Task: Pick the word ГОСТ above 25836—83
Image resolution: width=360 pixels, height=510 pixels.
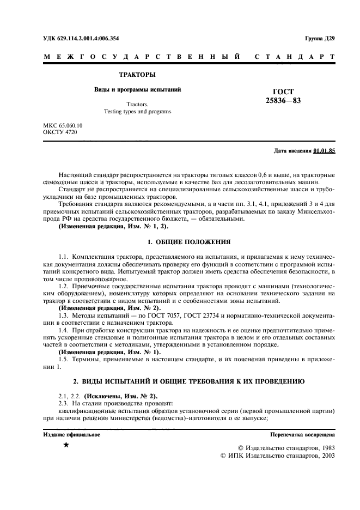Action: pos(283,92)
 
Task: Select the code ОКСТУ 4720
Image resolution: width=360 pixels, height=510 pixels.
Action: pos(59,132)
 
